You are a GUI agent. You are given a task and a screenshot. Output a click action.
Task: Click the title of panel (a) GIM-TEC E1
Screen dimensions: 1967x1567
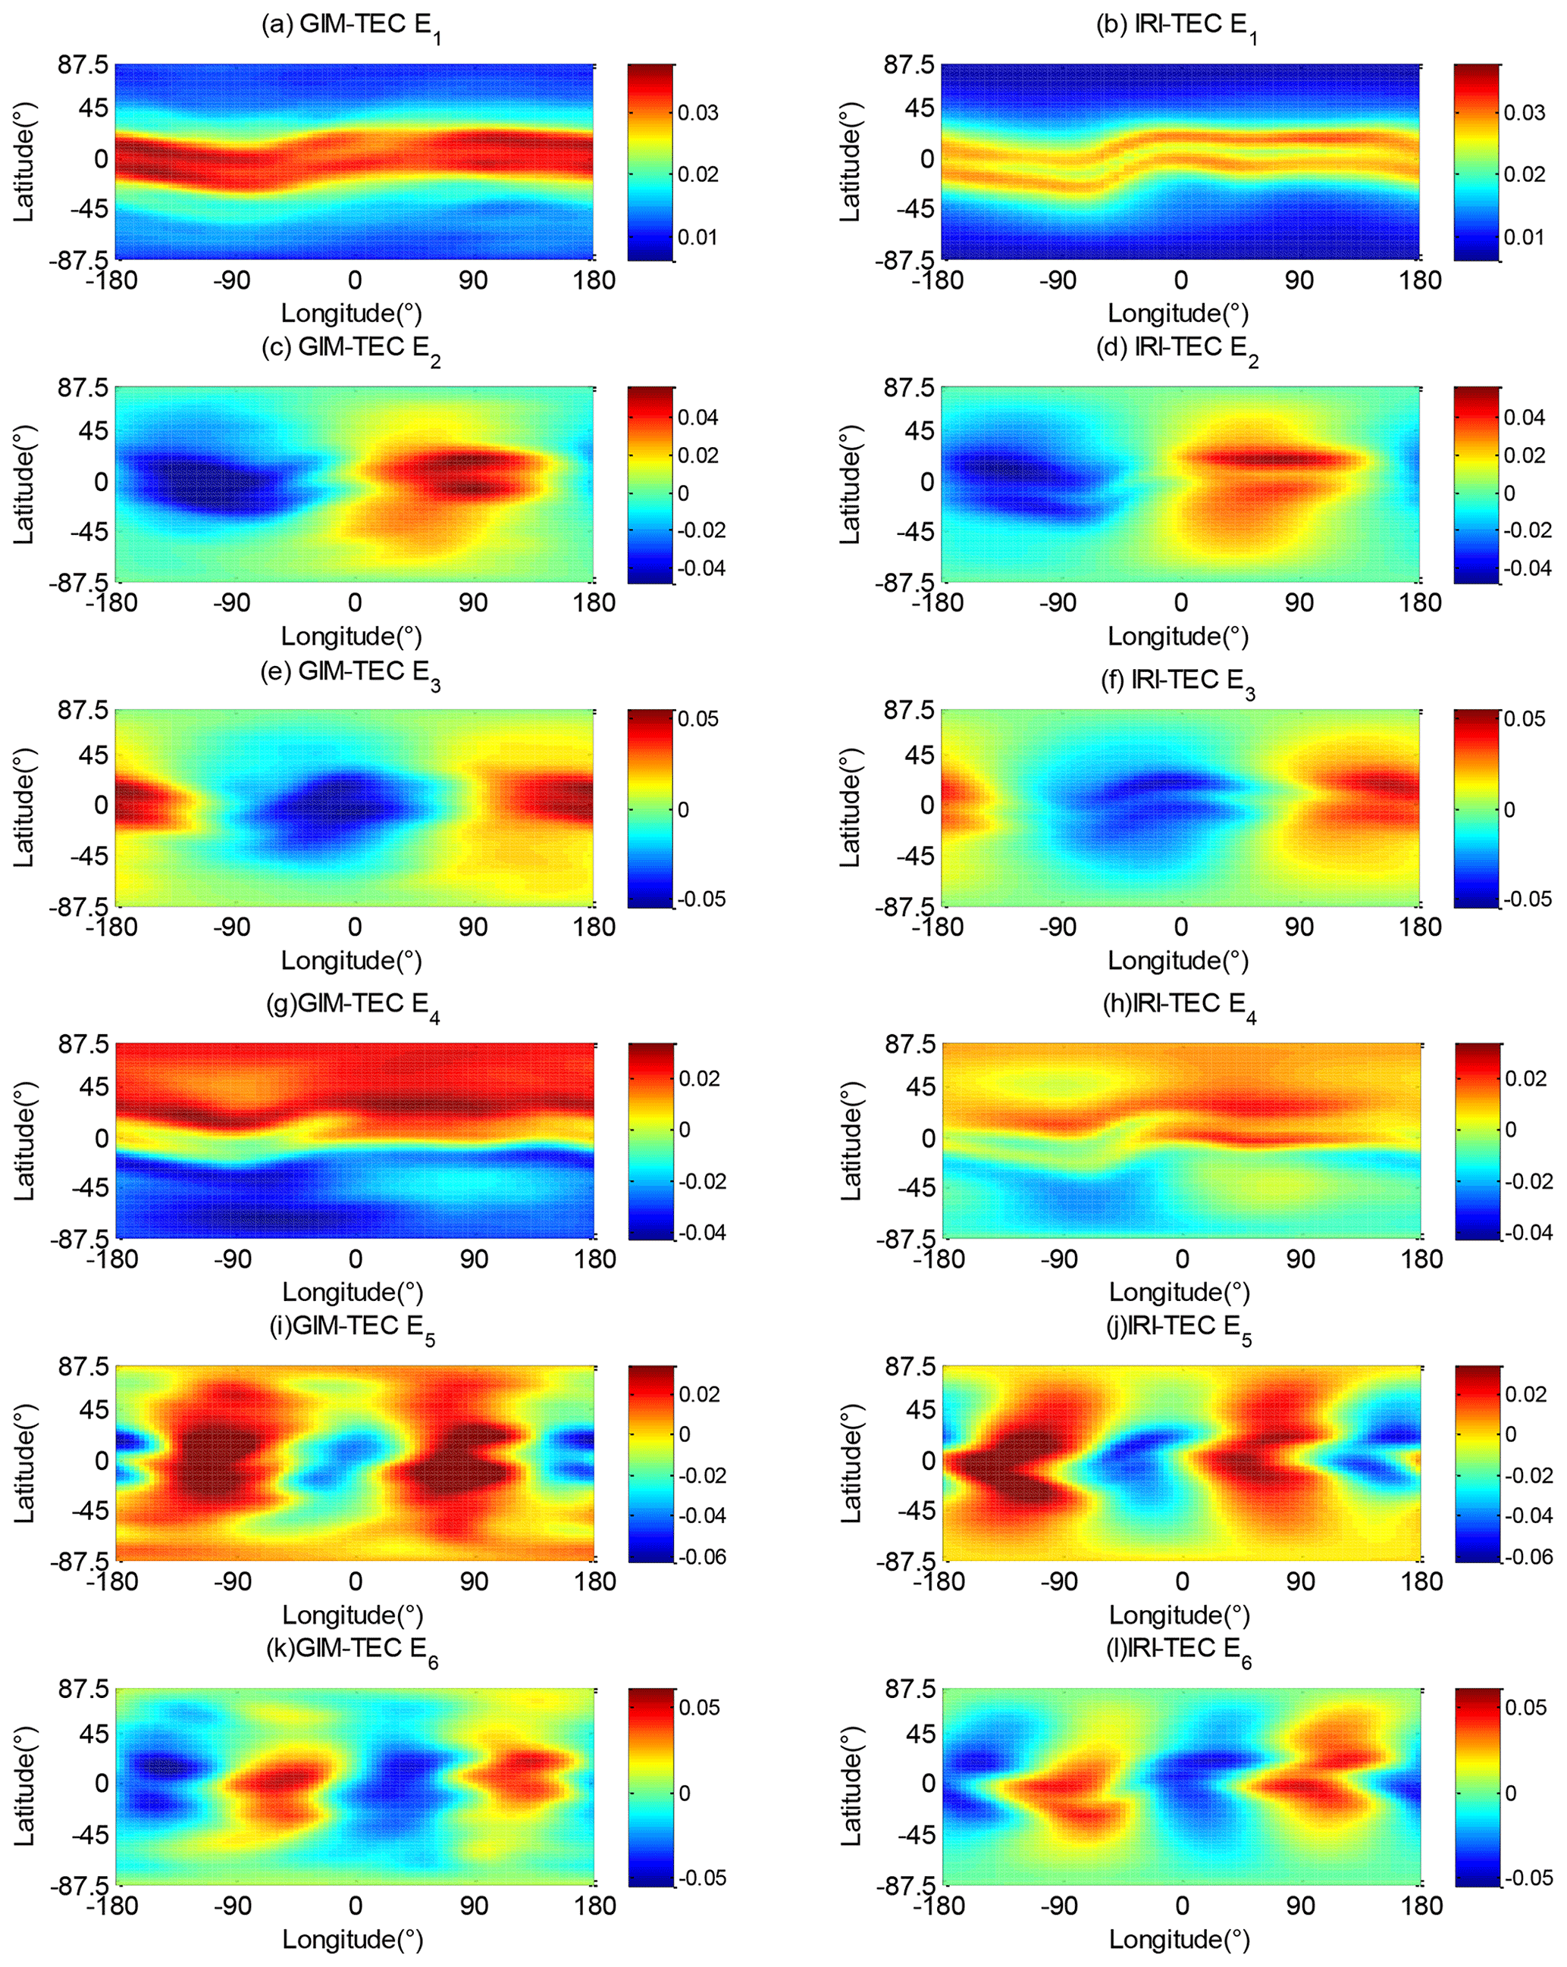pos(350,26)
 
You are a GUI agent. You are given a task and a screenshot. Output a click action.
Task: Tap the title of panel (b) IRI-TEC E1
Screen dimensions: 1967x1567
pos(1177,26)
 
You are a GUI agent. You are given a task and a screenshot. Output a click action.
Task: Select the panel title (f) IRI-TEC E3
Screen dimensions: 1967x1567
pos(1177,681)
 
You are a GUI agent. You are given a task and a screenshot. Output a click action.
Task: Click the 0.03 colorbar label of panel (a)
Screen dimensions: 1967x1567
pos(698,113)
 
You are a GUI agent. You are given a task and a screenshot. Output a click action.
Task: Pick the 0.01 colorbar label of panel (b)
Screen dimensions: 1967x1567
pos(1524,237)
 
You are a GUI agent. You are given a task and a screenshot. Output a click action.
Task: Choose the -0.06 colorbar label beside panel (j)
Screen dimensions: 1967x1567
pos(1527,1556)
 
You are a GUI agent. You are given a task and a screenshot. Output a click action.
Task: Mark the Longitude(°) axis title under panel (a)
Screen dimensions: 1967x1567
pos(351,314)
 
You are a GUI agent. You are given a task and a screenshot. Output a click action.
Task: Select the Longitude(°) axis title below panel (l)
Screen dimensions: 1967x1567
pos(1179,1940)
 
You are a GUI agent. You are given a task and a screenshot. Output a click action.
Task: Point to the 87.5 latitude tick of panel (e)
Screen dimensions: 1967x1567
pos(83,710)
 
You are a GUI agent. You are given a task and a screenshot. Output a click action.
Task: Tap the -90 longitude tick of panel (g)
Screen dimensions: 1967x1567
pos(233,1260)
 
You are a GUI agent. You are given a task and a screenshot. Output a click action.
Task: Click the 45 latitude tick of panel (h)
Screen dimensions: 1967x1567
pos(920,1087)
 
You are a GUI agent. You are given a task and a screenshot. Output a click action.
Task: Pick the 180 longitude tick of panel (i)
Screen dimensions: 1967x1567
pos(595,1582)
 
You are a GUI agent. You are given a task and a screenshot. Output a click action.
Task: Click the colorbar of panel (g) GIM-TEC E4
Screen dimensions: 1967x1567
pos(652,1140)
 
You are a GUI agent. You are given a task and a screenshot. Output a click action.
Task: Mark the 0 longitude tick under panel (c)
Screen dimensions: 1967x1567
pos(354,603)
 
